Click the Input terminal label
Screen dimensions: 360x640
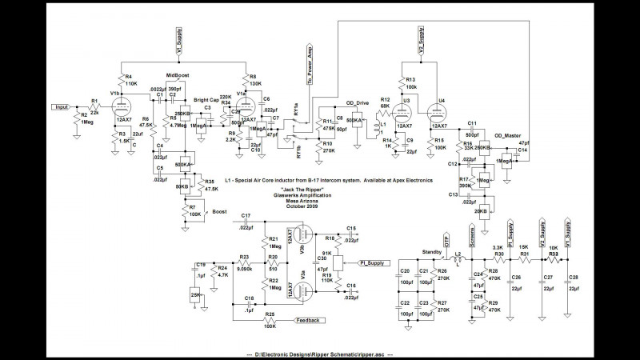coord(62,106)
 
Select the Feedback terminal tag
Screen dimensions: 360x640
coord(310,321)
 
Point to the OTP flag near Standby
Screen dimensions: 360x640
coord(445,241)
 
